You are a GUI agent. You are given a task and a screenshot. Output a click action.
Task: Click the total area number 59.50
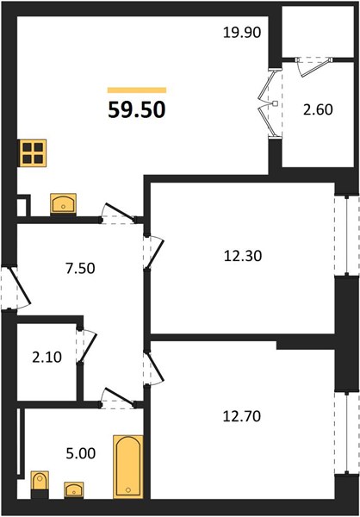pos(136,109)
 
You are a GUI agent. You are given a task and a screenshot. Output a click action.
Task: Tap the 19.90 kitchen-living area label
pos(242,33)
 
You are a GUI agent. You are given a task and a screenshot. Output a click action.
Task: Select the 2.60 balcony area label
pos(318,109)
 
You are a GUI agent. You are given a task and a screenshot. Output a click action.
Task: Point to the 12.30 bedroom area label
pos(243,256)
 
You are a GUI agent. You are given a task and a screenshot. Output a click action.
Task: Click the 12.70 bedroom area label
pos(242,416)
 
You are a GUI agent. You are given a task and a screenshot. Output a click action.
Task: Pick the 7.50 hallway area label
pos(80,268)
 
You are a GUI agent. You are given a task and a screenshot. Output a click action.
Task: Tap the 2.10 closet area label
pos(47,357)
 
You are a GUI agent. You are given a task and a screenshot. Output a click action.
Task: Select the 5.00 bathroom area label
pos(81,453)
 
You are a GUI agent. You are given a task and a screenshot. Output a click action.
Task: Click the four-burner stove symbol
pos(33,153)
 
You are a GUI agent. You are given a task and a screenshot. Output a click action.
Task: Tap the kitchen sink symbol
pos(63,204)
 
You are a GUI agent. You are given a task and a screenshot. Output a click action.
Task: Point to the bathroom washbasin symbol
pos(74,490)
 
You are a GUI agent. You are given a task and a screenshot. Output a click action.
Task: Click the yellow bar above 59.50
pos(137,90)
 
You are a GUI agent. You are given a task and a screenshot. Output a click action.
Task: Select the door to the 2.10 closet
pos(87,346)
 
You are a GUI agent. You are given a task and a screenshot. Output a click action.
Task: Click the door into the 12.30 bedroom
pos(154,252)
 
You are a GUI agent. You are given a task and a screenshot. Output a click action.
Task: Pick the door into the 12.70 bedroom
pos(154,368)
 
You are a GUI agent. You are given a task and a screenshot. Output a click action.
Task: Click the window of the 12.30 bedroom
pos(347,235)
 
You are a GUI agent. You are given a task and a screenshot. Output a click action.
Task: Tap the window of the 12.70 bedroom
pos(347,433)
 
